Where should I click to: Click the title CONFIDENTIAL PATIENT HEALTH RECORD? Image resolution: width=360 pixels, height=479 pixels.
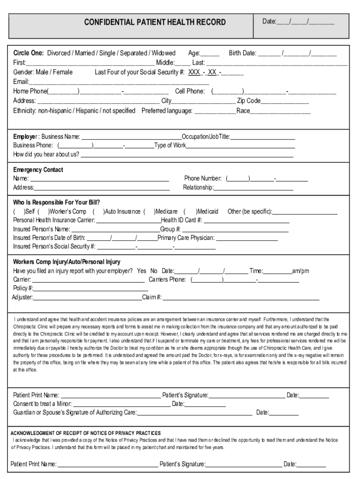tap(155, 22)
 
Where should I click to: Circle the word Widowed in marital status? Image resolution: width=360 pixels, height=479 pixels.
tap(164, 53)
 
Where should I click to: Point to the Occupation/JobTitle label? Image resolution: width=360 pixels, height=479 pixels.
tap(206, 137)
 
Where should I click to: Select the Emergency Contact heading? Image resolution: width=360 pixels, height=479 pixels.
tap(38, 170)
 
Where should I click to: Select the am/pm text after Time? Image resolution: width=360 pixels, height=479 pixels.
tap(301, 271)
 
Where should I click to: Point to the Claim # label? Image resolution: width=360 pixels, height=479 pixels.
tap(152, 297)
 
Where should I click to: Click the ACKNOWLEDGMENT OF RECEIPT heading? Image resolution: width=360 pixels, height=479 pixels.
tap(86, 433)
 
